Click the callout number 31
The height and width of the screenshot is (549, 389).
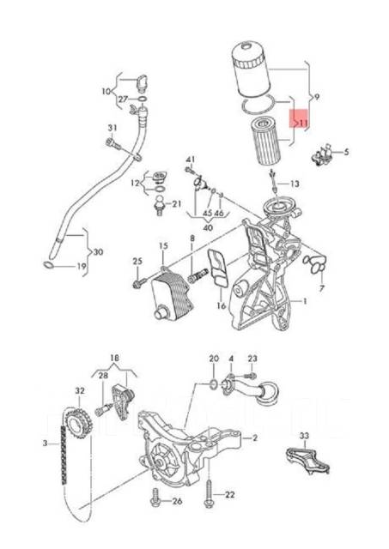click(x=111, y=129)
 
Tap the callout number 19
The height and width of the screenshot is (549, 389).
click(x=82, y=268)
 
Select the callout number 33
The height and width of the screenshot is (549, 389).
click(x=303, y=436)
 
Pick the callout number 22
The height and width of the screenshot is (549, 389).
click(x=229, y=495)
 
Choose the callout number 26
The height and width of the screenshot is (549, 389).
click(x=177, y=501)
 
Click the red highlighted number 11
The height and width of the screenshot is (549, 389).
click(x=301, y=123)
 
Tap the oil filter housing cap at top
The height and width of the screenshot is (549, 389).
click(x=252, y=67)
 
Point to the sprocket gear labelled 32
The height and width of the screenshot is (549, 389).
click(x=80, y=417)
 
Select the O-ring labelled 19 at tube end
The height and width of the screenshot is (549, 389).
click(x=53, y=267)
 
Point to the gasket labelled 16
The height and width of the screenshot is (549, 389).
click(x=219, y=271)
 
